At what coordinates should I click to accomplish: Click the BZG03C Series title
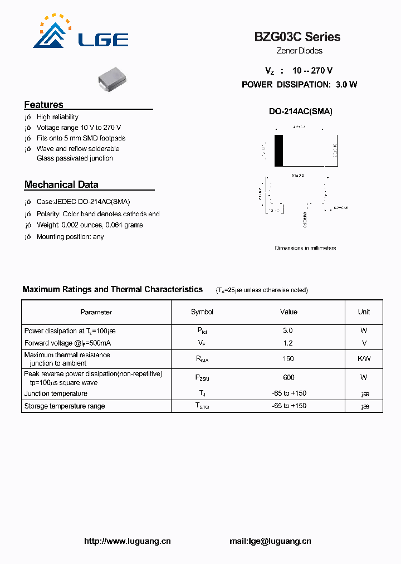pyautogui.click(x=297, y=37)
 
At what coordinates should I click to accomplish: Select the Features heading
pyautogui.click(x=44, y=105)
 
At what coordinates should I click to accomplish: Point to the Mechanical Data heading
pyautogui.click(x=61, y=184)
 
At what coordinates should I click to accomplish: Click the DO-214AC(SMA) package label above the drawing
pyautogui.click(x=300, y=111)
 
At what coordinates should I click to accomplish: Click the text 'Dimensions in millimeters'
pyautogui.click(x=305, y=248)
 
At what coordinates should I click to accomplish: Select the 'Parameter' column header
pyautogui.click(x=96, y=312)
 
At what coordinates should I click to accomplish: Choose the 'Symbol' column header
pyautogui.click(x=202, y=312)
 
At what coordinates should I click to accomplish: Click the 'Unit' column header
pyautogui.click(x=364, y=312)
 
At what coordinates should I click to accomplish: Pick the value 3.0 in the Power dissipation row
pyautogui.click(x=288, y=330)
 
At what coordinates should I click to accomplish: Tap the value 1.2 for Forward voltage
pyautogui.click(x=288, y=343)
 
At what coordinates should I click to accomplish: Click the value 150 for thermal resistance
pyautogui.click(x=288, y=359)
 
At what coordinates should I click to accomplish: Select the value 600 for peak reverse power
pyautogui.click(x=288, y=377)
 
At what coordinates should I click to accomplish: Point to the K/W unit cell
pyautogui.click(x=364, y=359)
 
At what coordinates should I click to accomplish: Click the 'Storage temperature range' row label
pyautogui.click(x=65, y=406)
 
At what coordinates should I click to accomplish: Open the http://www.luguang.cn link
pyautogui.click(x=127, y=541)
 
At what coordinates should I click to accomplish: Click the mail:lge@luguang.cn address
pyautogui.click(x=270, y=541)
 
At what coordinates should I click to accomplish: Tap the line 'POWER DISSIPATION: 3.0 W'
pyautogui.click(x=299, y=85)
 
